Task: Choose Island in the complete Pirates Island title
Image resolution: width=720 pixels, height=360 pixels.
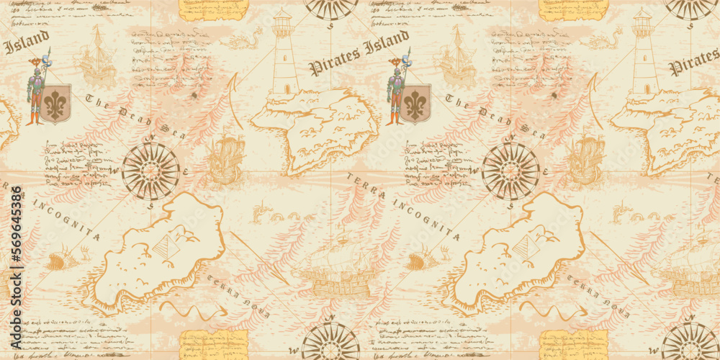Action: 384,45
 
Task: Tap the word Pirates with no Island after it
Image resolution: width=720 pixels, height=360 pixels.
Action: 693,64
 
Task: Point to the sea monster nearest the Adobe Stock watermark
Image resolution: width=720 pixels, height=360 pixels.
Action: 61,256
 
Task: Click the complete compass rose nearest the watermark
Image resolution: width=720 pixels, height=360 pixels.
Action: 150,171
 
